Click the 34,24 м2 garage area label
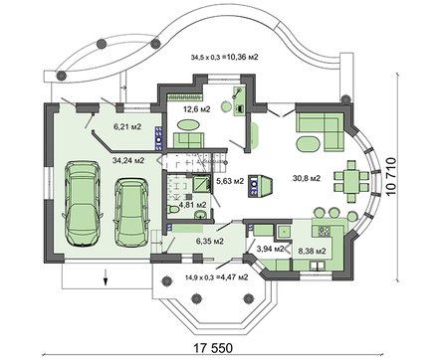tap(128, 161)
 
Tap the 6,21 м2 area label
tap(127, 126)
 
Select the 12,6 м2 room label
tap(197, 109)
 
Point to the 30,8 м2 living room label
tap(307, 178)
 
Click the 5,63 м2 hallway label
tap(230, 181)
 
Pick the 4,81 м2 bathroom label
tap(193, 205)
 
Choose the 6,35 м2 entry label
tap(209, 241)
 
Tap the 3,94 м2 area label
tap(271, 249)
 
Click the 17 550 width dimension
tap(213, 348)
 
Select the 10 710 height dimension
tap(391, 177)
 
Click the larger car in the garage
tap(83, 204)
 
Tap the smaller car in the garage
tap(131, 212)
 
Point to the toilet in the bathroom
tap(173, 210)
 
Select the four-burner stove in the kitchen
tap(325, 231)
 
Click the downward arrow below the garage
tap(106, 277)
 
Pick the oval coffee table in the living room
tap(309, 144)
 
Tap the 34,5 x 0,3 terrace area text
tap(224, 58)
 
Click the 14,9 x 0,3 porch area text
tap(217, 277)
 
